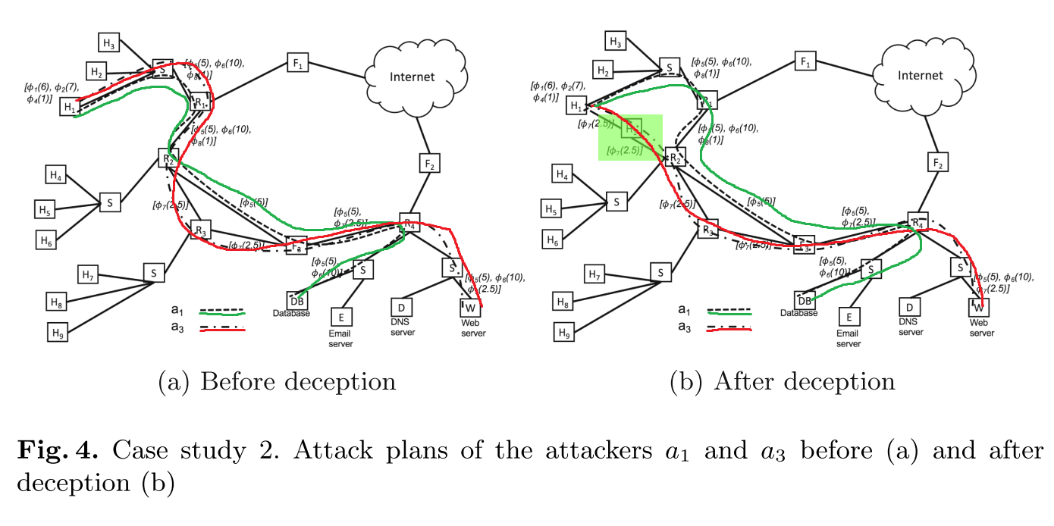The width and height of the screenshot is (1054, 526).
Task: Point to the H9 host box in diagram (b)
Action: (x=563, y=332)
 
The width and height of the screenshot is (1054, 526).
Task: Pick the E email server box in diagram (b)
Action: (x=849, y=317)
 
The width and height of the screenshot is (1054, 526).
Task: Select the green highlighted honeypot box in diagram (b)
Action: (x=631, y=137)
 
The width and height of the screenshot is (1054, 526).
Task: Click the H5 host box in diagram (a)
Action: (x=45, y=208)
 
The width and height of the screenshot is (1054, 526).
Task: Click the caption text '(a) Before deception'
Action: (x=277, y=381)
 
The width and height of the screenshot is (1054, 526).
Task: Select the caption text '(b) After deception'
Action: (x=783, y=381)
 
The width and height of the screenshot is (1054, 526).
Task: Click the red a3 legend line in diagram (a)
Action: (x=222, y=330)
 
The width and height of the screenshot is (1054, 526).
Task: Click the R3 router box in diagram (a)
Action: (x=200, y=230)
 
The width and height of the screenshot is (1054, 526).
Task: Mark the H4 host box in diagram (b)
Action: (x=562, y=175)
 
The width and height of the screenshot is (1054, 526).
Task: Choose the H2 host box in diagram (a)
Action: (x=96, y=71)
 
